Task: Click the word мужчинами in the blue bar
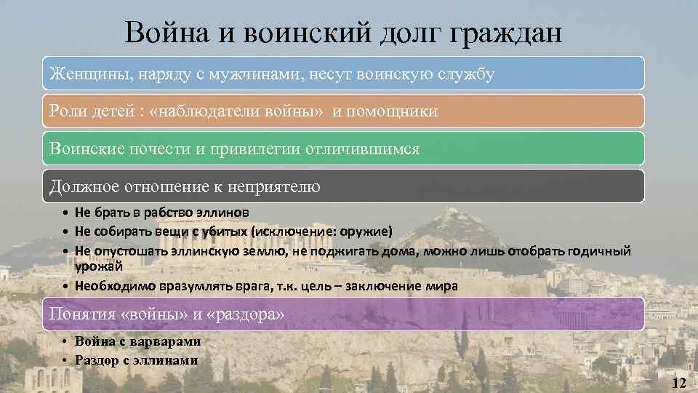point(246,74)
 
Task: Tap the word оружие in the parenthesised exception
point(366,231)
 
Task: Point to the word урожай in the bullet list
point(100,267)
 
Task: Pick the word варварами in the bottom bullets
point(166,341)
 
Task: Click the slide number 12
point(680,383)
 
